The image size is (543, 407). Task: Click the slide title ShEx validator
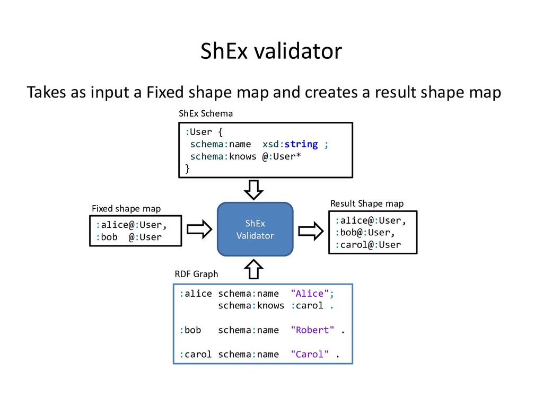[271, 52]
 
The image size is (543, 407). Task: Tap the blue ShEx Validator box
[255, 229]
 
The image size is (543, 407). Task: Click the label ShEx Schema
[206, 113]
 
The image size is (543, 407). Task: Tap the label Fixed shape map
[126, 208]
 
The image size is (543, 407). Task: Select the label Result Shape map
[366, 203]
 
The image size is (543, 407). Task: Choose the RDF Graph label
[196, 274]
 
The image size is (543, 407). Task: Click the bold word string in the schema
[301, 144]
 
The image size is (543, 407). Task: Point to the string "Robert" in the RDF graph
[312, 330]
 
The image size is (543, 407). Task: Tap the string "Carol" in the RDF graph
[310, 355]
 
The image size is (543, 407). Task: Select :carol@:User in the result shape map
[367, 245]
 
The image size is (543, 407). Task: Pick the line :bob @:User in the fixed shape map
[129, 237]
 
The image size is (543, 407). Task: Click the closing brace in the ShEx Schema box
[187, 169]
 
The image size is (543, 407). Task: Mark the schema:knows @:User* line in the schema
[246, 156]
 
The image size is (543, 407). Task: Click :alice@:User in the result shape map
[371, 219]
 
